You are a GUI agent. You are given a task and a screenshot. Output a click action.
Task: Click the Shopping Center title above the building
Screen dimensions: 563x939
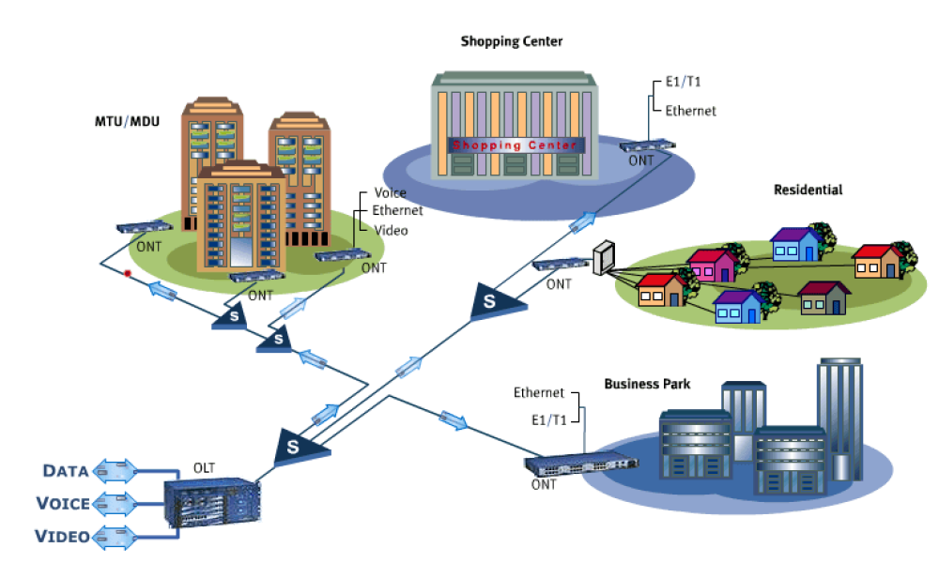[x=512, y=41]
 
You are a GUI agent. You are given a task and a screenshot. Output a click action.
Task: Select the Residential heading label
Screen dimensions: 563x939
[x=808, y=190]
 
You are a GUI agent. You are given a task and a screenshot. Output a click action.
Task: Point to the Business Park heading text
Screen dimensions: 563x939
[x=647, y=384]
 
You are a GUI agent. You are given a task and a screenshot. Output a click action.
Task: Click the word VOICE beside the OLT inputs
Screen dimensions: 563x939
[x=63, y=503]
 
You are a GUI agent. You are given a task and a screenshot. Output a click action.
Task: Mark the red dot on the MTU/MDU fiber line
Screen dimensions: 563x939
[x=128, y=273]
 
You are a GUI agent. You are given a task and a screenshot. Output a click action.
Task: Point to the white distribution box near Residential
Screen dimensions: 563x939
[x=603, y=257]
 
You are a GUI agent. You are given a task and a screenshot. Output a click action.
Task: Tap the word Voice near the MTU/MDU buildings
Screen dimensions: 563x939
[x=390, y=193]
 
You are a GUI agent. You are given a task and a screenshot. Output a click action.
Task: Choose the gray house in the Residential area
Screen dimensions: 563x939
[x=824, y=298]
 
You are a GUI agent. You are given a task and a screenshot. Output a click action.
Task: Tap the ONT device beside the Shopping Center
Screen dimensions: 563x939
[x=647, y=145]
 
